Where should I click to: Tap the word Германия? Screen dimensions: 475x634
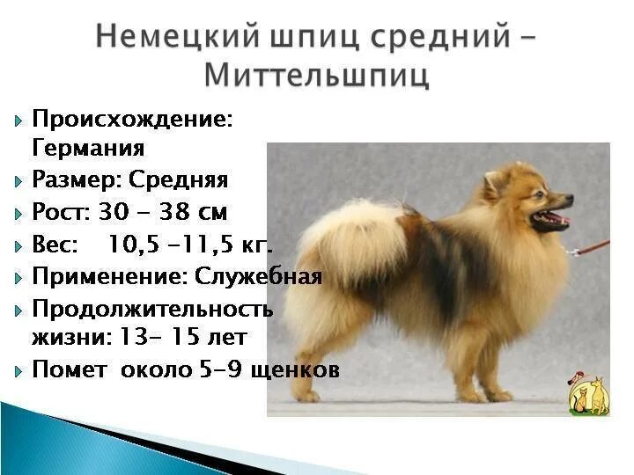coord(88,148)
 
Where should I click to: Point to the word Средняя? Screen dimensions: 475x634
coord(178,180)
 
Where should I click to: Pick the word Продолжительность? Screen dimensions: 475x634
coord(152,309)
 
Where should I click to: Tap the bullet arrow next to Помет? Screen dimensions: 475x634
coord(18,371)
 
